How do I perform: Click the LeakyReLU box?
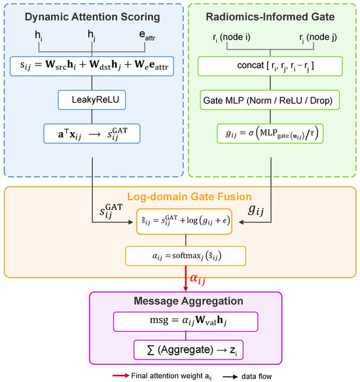(x=92, y=100)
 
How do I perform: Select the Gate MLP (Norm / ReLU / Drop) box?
(x=270, y=100)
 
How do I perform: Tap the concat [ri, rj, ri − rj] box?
(x=270, y=66)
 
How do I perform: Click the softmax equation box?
(x=185, y=256)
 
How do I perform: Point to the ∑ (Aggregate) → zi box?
(x=189, y=350)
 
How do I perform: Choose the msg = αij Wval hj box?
(x=185, y=322)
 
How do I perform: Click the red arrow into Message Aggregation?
(x=186, y=279)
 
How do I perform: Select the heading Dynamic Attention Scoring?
(x=92, y=17)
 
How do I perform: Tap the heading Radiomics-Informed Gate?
(x=270, y=17)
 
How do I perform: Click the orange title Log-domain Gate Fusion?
(x=189, y=197)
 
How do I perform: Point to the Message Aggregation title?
(x=189, y=301)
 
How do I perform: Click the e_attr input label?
(x=147, y=35)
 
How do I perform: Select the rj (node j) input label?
(x=318, y=37)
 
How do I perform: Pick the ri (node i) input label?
(x=232, y=37)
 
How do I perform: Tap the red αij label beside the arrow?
(x=198, y=279)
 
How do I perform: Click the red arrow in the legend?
(x=121, y=375)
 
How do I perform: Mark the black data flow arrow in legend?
(x=230, y=377)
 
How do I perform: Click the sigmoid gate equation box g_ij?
(x=270, y=133)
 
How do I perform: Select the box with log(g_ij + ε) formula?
(x=184, y=222)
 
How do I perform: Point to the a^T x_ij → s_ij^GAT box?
(x=92, y=133)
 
